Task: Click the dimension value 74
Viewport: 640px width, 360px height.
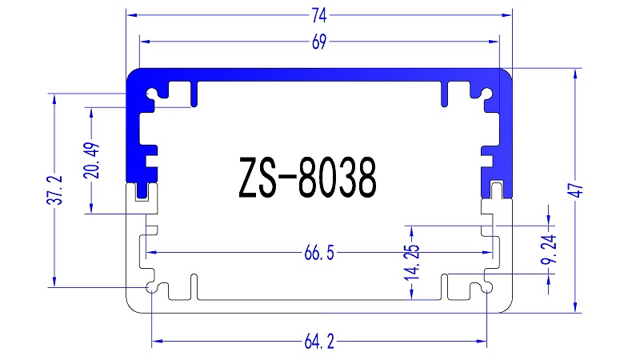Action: (318, 14)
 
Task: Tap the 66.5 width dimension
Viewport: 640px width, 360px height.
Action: (318, 254)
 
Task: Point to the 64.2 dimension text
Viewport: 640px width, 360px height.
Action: (318, 342)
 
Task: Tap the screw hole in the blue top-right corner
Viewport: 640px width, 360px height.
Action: (486, 93)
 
